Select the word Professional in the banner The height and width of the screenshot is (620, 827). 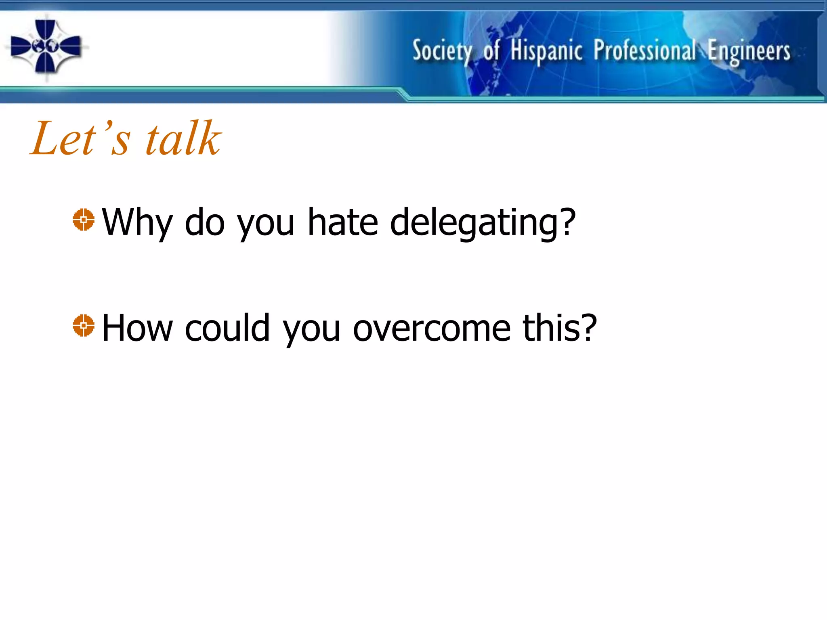point(644,51)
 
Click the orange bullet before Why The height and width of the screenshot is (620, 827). point(84,220)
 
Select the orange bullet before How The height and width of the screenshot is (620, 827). point(84,325)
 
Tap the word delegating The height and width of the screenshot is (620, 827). point(483,223)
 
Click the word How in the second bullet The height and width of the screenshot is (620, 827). point(137,328)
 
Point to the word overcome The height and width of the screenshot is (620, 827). point(432,329)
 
